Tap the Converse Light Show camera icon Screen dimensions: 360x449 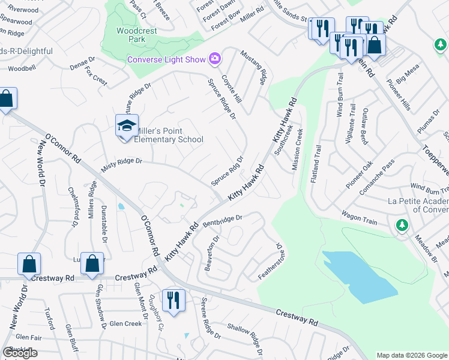pos(215,58)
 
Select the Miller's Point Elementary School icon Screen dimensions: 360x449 pos(127,126)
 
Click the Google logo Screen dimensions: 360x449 pos(20,353)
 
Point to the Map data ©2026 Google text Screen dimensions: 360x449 pos(411,355)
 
